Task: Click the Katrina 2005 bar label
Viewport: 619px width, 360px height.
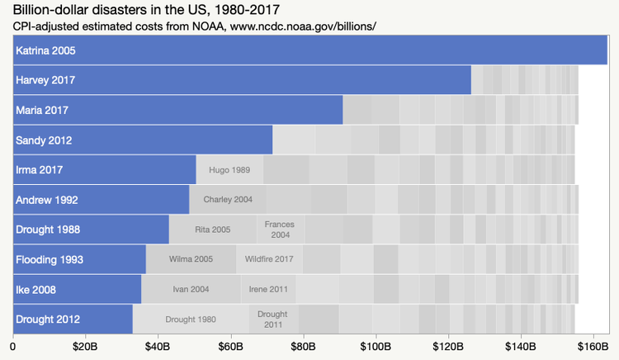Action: (45, 50)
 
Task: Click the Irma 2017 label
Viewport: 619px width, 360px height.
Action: (39, 170)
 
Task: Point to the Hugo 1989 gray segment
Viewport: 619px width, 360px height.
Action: (229, 170)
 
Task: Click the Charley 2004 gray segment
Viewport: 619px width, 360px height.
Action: (228, 200)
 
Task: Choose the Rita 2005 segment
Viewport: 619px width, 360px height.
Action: (212, 230)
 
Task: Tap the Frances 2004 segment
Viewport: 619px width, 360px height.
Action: (280, 230)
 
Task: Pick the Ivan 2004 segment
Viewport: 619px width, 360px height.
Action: (191, 290)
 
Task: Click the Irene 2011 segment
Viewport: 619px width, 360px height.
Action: (268, 290)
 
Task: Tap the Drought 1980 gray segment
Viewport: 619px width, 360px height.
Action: (191, 320)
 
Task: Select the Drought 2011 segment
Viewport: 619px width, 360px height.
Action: (273, 320)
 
